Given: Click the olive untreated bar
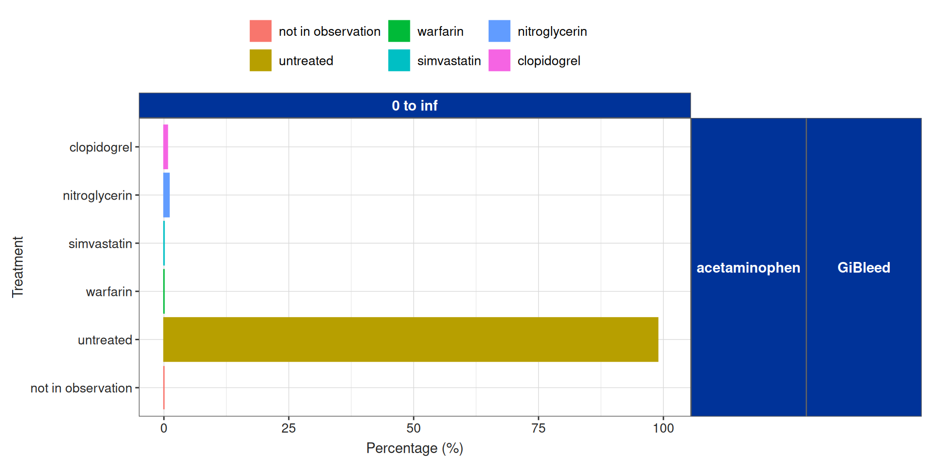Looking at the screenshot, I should [410, 339].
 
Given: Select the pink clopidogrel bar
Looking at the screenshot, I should [165, 147].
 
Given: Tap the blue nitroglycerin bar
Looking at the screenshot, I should [166, 195].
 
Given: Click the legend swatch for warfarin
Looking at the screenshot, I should [399, 31].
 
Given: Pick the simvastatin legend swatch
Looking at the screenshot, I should [399, 60].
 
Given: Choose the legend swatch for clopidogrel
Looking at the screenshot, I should [499, 60].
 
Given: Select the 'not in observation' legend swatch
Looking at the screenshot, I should [260, 31].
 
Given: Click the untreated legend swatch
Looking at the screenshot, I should [260, 60].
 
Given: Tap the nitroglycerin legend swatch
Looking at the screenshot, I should [499, 31].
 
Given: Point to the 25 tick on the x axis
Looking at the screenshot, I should [288, 428].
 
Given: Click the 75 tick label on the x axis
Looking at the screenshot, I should [538, 428].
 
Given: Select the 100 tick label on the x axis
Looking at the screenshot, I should [663, 428].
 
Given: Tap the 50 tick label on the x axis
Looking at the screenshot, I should [413, 428].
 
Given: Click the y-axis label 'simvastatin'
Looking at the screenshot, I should [100, 244].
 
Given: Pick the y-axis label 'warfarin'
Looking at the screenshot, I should [109, 292].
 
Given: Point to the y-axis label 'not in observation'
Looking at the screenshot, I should [81, 388].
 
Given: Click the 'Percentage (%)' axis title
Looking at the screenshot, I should [415, 449].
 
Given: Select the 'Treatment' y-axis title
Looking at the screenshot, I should [18, 267].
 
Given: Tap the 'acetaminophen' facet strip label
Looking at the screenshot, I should [748, 267].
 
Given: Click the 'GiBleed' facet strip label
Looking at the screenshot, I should [864, 267].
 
